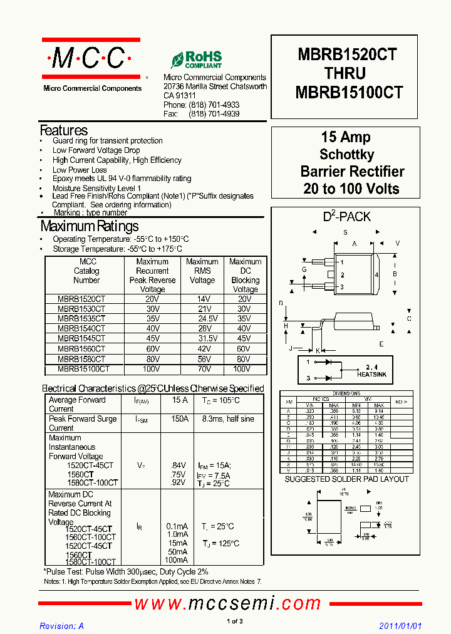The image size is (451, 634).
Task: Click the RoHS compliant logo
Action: coord(196,60)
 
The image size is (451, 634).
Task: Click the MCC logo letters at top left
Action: coord(88,59)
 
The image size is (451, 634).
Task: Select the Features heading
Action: coord(64,130)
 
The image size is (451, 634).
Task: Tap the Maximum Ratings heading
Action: coord(90,226)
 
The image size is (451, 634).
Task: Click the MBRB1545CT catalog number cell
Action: coord(81,338)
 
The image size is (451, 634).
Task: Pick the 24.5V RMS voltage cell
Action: coord(202,318)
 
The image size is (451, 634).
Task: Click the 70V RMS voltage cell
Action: coord(202,370)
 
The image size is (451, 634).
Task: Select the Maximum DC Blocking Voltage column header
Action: coord(245,276)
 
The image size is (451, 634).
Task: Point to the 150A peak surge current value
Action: coord(180,418)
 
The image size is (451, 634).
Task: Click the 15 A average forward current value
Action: coord(180,400)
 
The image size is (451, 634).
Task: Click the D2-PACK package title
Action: coord(346,217)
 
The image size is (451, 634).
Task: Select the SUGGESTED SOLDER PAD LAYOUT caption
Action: coord(346,479)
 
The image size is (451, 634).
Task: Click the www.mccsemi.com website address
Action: coord(227,603)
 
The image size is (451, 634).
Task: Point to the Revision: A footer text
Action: coord(61,626)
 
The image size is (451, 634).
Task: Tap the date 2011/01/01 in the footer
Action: coord(401,626)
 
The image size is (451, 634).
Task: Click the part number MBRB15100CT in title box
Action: coord(348,93)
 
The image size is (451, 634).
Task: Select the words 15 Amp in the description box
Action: coord(345,137)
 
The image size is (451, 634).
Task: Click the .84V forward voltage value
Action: coord(178,465)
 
